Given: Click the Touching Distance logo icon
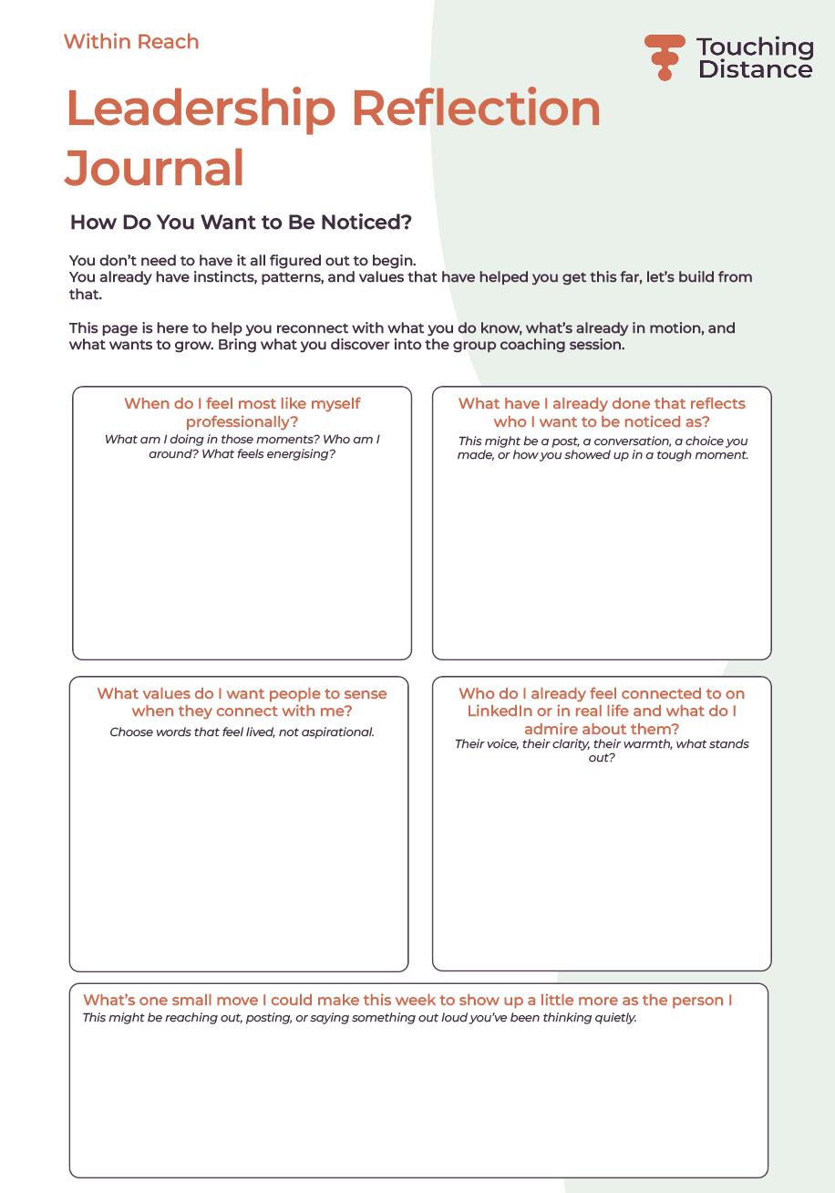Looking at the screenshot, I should click(x=665, y=57).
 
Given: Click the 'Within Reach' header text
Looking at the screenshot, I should click(x=131, y=42).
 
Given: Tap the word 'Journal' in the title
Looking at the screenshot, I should click(x=155, y=167).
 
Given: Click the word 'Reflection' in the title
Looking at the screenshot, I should click(x=476, y=109).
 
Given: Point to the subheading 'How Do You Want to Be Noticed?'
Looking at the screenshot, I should click(x=241, y=223).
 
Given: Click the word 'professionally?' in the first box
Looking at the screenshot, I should click(x=242, y=421).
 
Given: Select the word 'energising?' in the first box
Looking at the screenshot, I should click(x=301, y=453).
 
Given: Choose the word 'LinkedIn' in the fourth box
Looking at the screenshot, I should click(x=500, y=711).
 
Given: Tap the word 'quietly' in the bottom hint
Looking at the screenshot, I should click(x=612, y=1018).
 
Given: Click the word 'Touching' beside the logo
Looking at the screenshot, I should click(x=755, y=47).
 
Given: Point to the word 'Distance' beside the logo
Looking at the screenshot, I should click(x=755, y=69).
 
